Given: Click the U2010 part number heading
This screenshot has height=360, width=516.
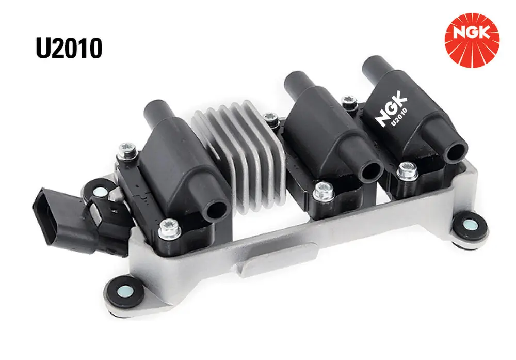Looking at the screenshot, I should (x=69, y=48).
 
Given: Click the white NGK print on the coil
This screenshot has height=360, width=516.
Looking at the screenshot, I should (x=391, y=109).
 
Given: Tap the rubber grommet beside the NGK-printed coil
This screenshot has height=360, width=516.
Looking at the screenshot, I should (x=470, y=225).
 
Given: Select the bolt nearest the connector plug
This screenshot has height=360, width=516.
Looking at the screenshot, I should (x=126, y=151).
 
